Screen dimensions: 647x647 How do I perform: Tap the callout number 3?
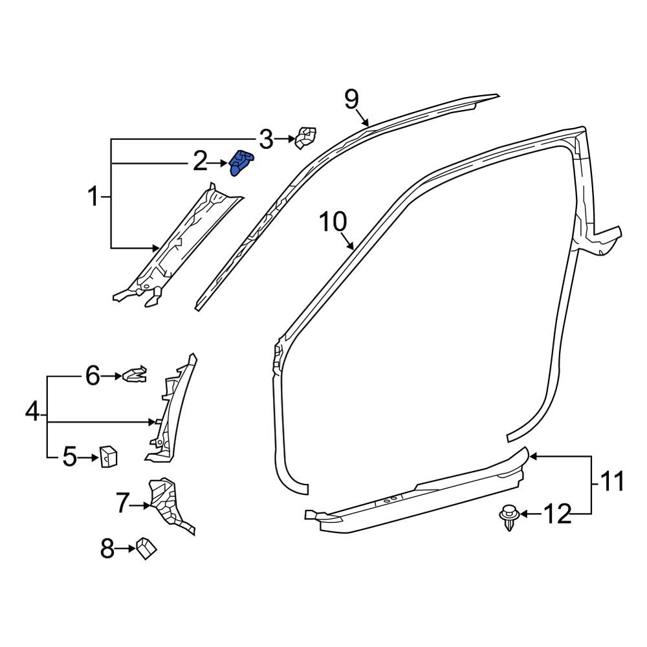[x=266, y=138]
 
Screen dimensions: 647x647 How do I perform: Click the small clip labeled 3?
[x=305, y=137]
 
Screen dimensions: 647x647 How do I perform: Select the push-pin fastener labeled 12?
[x=508, y=516]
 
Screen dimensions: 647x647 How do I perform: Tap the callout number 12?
[x=557, y=514]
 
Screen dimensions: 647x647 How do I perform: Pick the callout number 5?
[x=70, y=458]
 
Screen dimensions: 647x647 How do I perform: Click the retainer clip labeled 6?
[x=135, y=375]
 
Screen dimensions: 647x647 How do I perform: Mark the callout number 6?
[x=93, y=375]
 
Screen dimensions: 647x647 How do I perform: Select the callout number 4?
[x=32, y=411]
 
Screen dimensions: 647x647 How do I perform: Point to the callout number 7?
[x=123, y=504]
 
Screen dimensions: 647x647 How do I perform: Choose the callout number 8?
[x=107, y=550]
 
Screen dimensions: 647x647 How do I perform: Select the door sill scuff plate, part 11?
[x=421, y=495]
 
